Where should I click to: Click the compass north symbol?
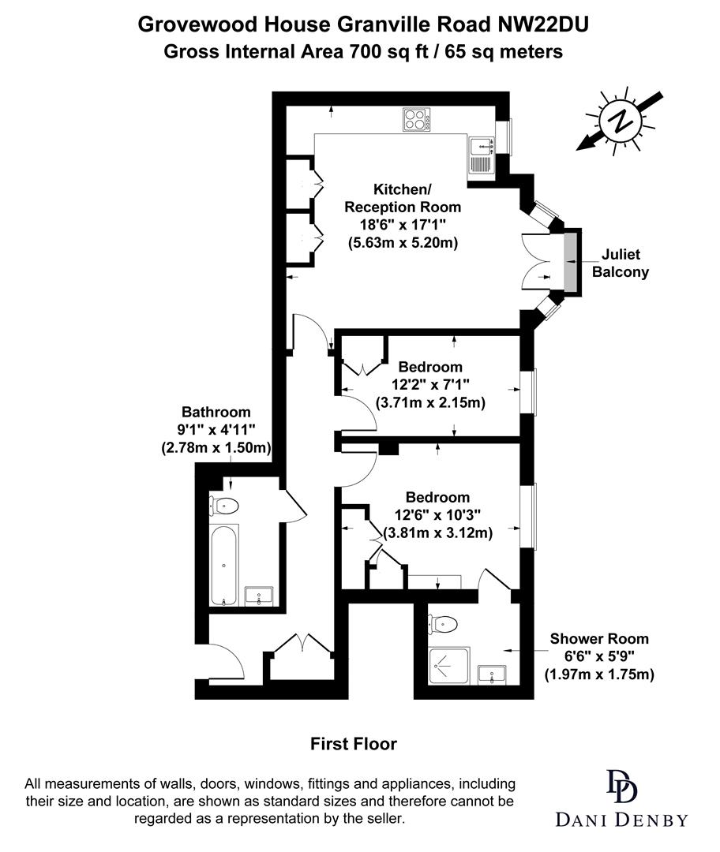coord(623,122)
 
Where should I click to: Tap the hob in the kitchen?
coord(416,120)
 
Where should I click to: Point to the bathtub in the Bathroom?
coord(224,565)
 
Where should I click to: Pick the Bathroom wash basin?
coord(259,596)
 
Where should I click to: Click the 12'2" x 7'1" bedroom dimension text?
coord(429,385)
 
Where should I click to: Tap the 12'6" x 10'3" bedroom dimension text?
coord(437,515)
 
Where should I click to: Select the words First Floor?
coord(353,743)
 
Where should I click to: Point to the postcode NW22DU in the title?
coord(543,25)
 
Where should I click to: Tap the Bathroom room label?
coord(216,412)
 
